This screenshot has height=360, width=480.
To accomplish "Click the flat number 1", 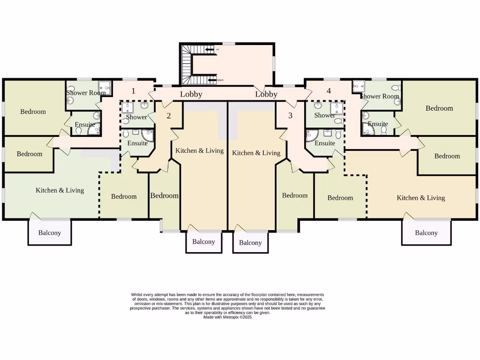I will (133, 91).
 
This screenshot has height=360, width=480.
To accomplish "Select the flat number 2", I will (169, 116).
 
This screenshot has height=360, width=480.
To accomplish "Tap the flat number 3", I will (290, 115).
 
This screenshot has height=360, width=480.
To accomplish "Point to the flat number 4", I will (329, 91).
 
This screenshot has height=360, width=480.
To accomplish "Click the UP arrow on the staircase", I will (210, 49).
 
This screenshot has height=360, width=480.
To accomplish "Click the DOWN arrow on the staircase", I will (211, 80).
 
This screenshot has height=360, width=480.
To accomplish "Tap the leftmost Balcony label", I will (49, 232).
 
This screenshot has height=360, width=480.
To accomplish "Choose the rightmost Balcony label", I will (426, 232).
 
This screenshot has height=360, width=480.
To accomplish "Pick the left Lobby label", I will (191, 94).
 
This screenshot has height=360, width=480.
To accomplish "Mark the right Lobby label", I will (266, 94).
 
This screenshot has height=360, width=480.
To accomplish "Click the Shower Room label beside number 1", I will (86, 93).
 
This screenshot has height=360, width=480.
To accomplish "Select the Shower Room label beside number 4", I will (380, 96).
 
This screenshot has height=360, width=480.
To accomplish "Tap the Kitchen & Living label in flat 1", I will (60, 190).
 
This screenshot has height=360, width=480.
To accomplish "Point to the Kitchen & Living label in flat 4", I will (420, 198).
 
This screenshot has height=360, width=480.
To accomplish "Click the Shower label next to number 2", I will (136, 117).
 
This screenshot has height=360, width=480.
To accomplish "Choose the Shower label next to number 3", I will (324, 115).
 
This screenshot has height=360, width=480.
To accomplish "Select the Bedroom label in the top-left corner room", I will (33, 112).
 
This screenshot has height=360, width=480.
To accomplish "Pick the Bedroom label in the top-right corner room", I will (439, 108).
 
